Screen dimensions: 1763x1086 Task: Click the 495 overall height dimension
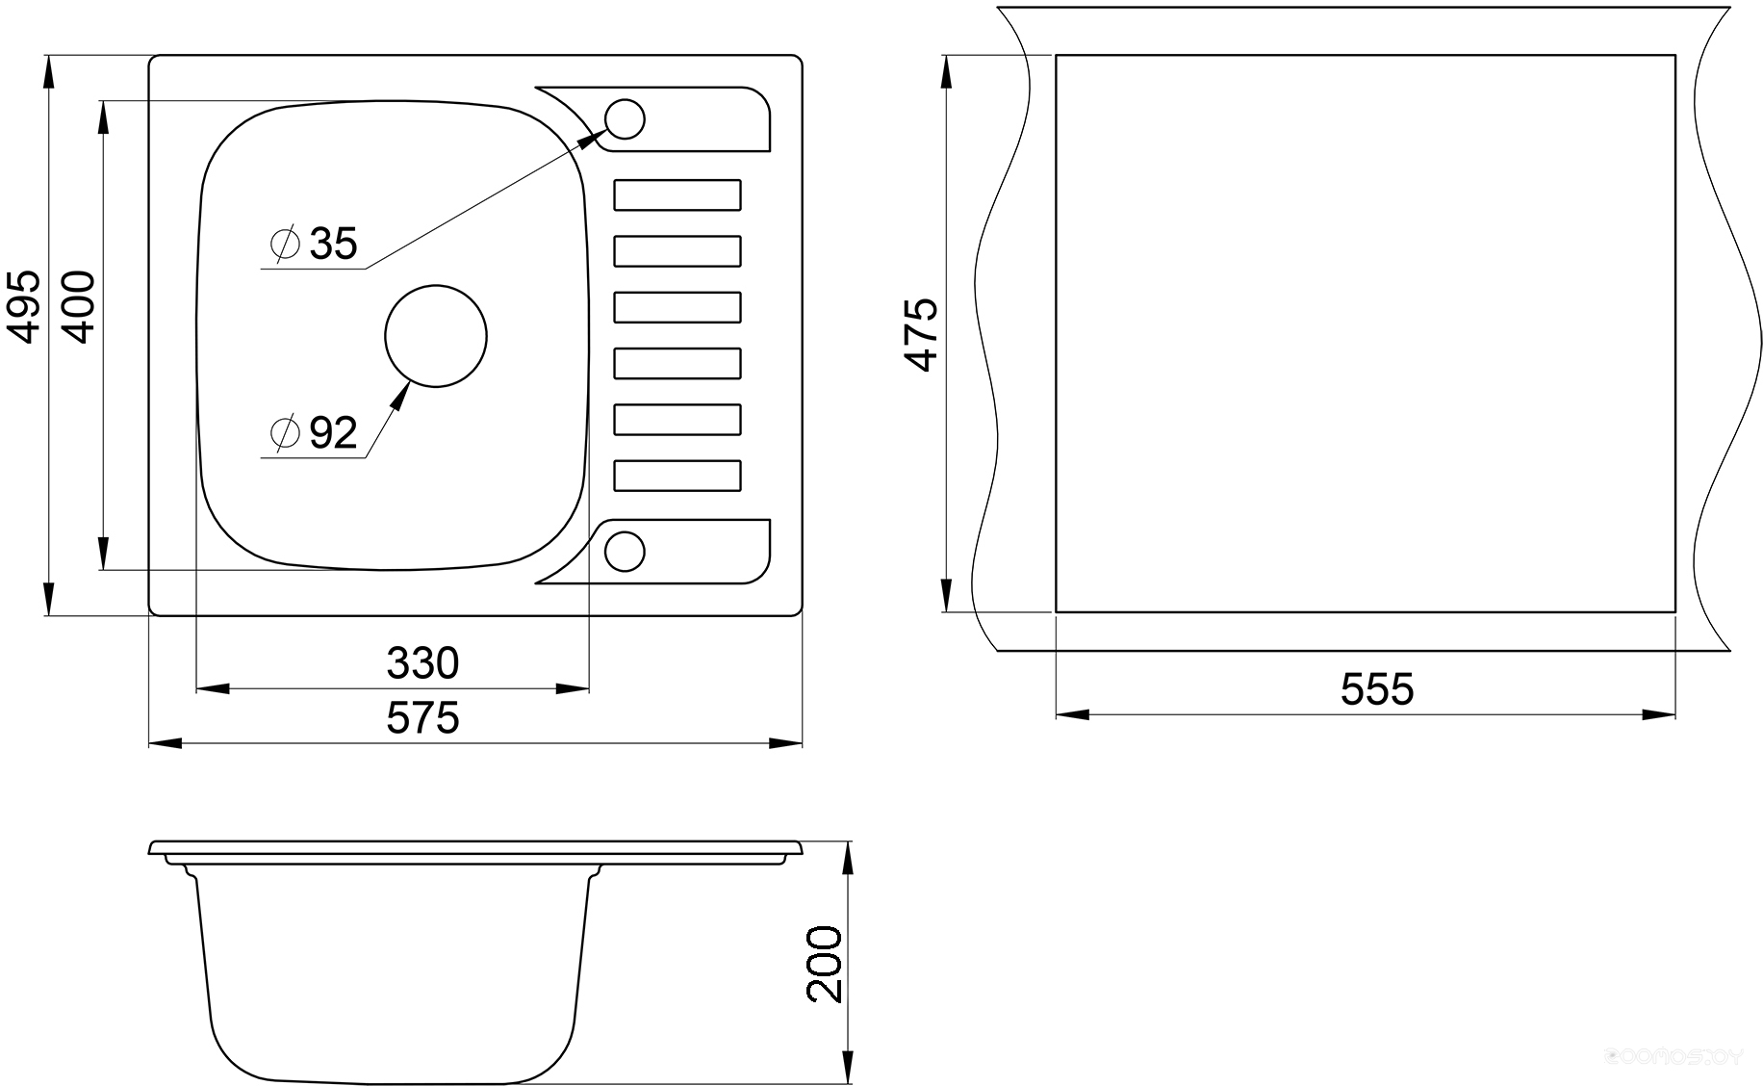[23, 306]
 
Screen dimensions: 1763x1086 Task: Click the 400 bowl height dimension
[78, 307]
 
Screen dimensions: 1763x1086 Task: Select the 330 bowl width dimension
[422, 663]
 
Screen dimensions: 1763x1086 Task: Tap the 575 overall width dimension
[422, 718]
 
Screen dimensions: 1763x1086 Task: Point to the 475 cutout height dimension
[921, 334]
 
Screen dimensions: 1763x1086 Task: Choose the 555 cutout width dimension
[1377, 689]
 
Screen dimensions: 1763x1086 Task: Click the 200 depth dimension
[824, 965]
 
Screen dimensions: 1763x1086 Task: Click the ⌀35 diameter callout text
[315, 244]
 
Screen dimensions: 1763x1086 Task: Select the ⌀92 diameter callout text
[315, 433]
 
